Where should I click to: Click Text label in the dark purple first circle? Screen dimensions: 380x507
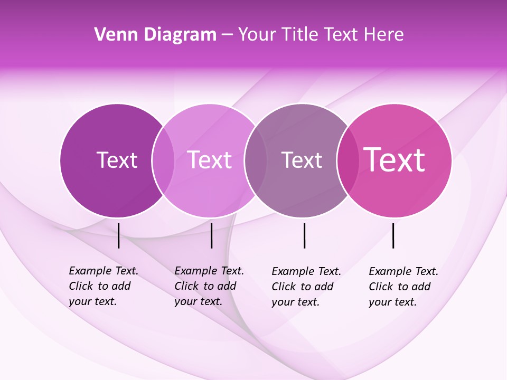(x=117, y=160)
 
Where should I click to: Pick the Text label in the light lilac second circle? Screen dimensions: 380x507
(x=210, y=160)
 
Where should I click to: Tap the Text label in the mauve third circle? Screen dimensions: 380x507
(x=302, y=160)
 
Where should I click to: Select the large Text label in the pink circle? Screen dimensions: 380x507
(x=395, y=160)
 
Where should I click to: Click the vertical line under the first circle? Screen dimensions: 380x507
(x=119, y=235)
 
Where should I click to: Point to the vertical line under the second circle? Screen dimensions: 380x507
(x=211, y=235)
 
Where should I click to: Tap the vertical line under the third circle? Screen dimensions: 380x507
(x=304, y=235)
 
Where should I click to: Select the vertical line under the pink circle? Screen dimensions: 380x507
(x=393, y=235)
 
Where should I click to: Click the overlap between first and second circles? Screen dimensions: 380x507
(x=163, y=160)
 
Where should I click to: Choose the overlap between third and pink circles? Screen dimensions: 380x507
(x=347, y=160)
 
